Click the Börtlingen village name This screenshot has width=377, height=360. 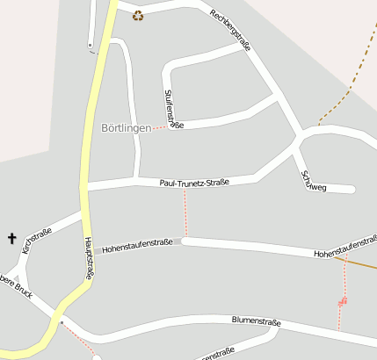[x=126, y=127]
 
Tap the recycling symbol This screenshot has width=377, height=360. [x=138, y=14]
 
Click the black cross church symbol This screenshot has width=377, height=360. [x=12, y=238]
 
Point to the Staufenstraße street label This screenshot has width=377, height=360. [x=172, y=109]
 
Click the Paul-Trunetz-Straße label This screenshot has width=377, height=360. [x=194, y=183]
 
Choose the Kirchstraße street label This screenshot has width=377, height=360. [x=37, y=241]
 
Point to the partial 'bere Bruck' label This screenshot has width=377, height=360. [x=16, y=286]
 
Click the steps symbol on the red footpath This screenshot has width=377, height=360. [x=342, y=302]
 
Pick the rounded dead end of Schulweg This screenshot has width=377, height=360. [x=351, y=189]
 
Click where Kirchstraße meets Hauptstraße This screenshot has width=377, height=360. [x=83, y=212]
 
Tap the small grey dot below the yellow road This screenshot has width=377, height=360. [x=62, y=322]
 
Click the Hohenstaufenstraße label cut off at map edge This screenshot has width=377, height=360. [x=345, y=252]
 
